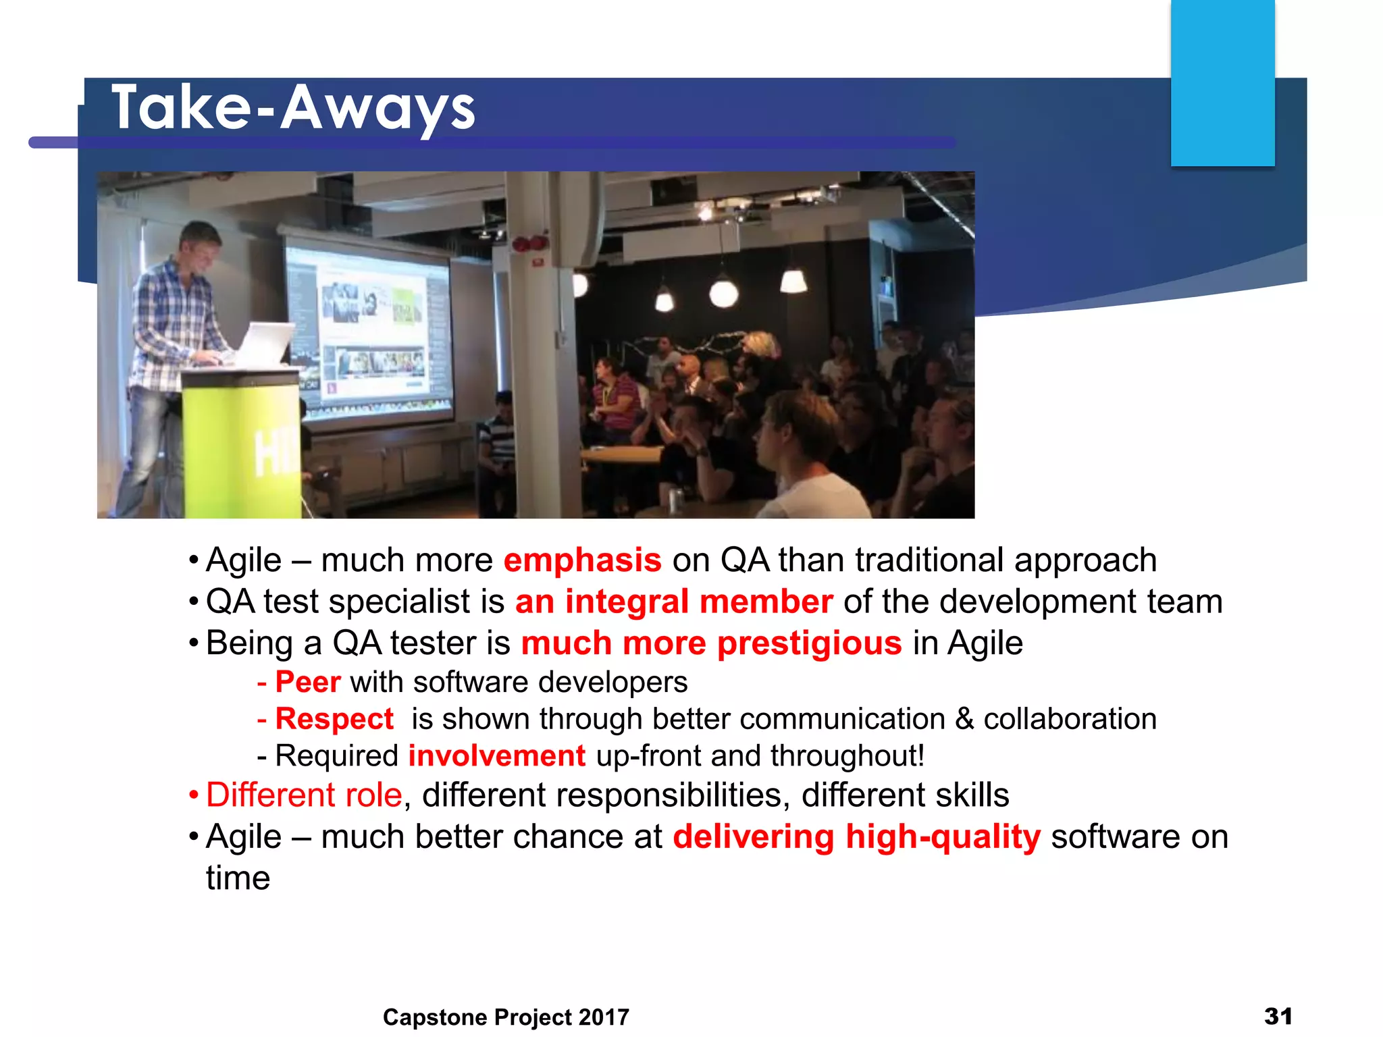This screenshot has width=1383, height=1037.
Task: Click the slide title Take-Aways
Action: (293, 108)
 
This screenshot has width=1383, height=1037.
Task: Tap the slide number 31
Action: (1278, 1016)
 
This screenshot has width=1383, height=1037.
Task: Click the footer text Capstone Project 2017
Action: (506, 1017)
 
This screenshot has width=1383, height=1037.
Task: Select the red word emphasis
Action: (582, 560)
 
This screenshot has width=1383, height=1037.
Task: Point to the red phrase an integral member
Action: (673, 602)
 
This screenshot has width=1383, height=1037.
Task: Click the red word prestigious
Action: (809, 643)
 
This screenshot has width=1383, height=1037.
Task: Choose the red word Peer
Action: (308, 682)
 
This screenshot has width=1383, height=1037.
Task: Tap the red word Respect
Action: (334, 719)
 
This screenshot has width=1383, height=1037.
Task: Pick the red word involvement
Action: (497, 755)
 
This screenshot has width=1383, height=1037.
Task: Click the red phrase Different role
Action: (304, 795)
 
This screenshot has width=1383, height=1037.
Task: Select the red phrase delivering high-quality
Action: (856, 837)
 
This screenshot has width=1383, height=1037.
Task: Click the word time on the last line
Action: (238, 878)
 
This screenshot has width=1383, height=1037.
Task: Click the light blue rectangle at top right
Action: (1222, 82)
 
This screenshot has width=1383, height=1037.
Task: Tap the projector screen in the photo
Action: (368, 331)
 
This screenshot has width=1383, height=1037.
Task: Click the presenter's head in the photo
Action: (201, 246)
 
